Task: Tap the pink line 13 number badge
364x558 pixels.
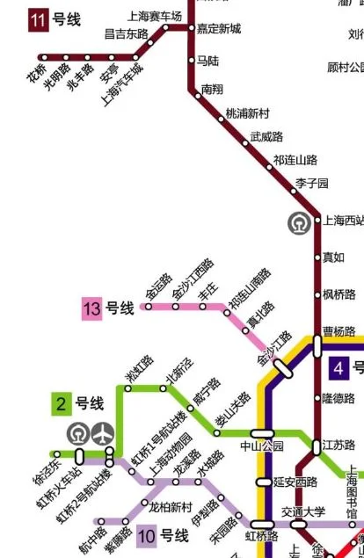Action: (92, 308)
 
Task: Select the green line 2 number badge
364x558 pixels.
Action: (61, 404)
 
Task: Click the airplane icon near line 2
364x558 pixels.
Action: (104, 433)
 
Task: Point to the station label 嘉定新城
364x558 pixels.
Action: (219, 28)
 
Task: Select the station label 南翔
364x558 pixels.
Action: (212, 89)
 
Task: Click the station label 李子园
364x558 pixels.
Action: (311, 183)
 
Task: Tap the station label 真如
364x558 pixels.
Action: (333, 257)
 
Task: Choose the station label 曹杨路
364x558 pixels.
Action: (339, 332)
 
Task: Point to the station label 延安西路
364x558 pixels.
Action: (295, 482)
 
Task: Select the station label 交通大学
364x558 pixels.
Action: (303, 511)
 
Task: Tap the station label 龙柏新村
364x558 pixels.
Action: (171, 507)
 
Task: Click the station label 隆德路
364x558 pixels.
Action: (338, 398)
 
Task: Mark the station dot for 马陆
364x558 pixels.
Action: (191, 61)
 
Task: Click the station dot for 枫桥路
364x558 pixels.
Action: (317, 294)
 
